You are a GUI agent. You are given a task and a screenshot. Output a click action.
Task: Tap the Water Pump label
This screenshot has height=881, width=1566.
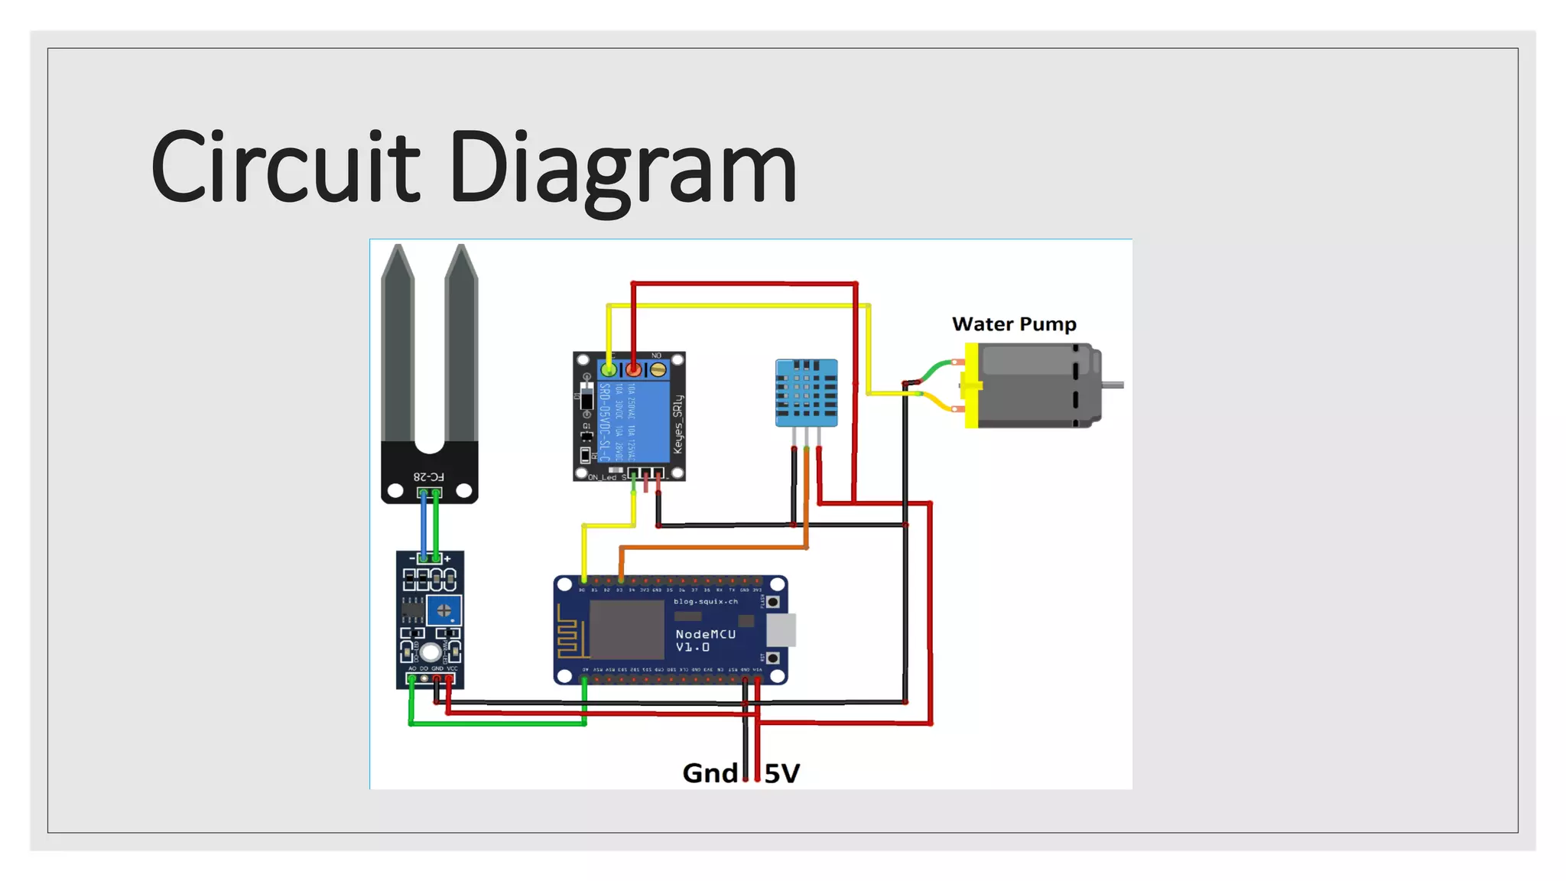coord(1014,324)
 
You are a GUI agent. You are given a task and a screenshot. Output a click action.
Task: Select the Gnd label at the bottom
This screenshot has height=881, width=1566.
coord(710,773)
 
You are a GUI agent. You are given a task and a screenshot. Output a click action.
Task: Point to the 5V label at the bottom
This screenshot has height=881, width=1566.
coord(782,774)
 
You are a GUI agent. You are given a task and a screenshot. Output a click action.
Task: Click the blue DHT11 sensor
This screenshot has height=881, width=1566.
coord(806,392)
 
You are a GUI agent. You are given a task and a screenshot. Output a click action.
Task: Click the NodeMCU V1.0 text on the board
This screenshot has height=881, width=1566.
coord(705,641)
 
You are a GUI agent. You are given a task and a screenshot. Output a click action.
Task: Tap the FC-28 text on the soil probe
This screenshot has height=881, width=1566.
coord(428,476)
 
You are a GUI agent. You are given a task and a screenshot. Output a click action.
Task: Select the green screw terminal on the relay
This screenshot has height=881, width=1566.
coord(609,370)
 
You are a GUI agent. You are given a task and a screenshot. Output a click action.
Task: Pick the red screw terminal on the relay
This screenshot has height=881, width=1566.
coord(633,370)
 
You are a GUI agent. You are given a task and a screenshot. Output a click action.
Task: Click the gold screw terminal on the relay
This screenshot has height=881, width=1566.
coord(658,370)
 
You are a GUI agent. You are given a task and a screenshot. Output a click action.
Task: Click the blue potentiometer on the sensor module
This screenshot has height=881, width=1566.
coord(443,611)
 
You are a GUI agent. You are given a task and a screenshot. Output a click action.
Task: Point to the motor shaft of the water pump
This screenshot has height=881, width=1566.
coord(1113,385)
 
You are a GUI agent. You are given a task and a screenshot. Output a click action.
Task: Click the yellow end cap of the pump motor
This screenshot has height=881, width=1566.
coord(970,385)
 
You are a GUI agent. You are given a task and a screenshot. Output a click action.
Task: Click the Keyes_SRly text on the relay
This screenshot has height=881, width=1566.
coord(677,424)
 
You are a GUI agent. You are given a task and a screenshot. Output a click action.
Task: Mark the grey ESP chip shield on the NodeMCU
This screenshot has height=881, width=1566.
coord(626,629)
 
